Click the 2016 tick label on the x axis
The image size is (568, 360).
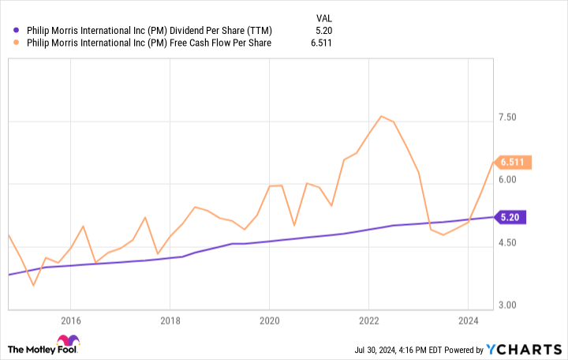(70, 321)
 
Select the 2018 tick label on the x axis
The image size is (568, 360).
(170, 321)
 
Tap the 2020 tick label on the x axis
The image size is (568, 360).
(269, 321)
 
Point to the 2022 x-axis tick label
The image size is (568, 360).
(368, 321)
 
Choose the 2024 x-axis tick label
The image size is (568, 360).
(468, 321)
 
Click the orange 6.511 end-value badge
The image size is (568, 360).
(514, 163)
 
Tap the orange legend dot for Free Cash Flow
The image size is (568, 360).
(17, 43)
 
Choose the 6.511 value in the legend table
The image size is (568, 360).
(320, 43)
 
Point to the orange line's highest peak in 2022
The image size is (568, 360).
(381, 116)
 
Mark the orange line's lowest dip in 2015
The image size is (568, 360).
(33, 285)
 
